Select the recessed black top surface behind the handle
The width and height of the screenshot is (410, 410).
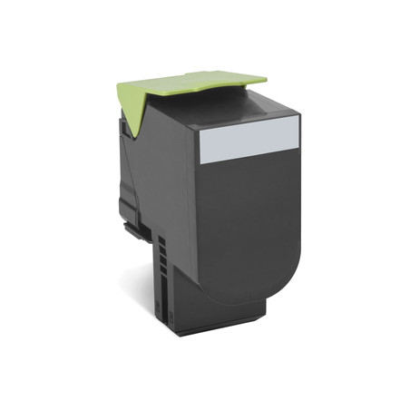[x=227, y=104]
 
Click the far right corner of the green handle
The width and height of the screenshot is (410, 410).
[x=267, y=76]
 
